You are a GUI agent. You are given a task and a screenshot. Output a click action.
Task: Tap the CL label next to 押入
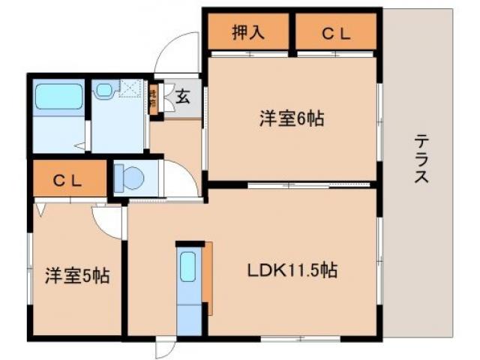pos(334,33)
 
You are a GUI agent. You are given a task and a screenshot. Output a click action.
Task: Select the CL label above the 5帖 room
pos(68,180)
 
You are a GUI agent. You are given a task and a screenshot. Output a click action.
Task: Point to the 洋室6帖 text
pos(292,118)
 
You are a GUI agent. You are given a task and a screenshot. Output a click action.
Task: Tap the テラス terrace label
pos(421,159)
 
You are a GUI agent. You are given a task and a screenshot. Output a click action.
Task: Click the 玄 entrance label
pos(182,97)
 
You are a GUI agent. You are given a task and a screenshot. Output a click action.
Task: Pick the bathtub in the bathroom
pos(58,96)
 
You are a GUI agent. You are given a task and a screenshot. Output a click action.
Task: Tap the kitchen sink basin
pos(188,265)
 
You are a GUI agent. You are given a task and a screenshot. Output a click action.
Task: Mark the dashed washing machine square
pos(130,90)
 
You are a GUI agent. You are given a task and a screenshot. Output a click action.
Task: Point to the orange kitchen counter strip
pos(208,278)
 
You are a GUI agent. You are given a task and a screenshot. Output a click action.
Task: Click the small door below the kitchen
pos(164,346)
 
